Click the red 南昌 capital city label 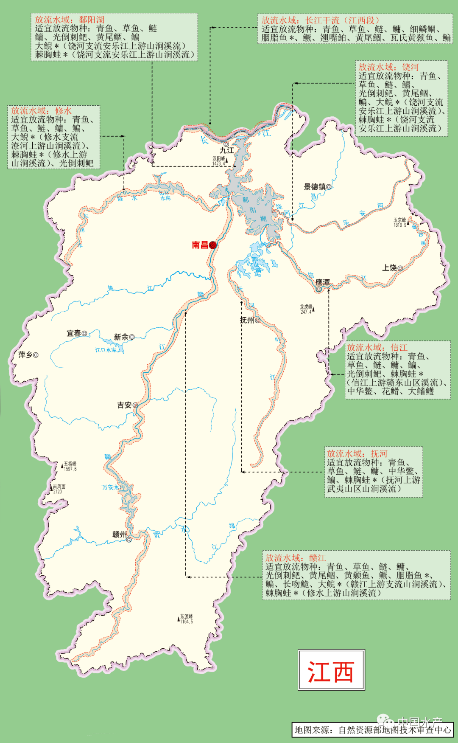200,245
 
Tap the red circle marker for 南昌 213,245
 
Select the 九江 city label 227,150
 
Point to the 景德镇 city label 315,187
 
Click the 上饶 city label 389,268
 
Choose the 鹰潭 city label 322,282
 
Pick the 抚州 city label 247,320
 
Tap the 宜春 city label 74,334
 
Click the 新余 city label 121,337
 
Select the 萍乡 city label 25,355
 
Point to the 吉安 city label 125,405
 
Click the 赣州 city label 120,535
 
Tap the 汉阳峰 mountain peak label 219,159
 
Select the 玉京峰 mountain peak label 399,220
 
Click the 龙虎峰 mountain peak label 306,307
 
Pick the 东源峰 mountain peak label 186,616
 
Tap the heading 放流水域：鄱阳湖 70,20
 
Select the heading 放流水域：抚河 357,454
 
